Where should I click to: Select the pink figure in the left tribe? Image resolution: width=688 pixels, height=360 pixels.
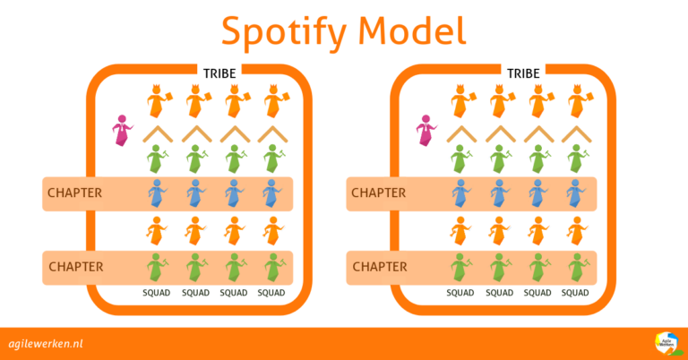pyautogui.click(x=120, y=131)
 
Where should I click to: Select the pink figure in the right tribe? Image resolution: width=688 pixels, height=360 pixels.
pyautogui.click(x=425, y=131)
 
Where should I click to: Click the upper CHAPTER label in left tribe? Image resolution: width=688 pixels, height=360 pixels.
pyautogui.click(x=75, y=193)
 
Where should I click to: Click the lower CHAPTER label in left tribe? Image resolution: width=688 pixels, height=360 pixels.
pyautogui.click(x=75, y=266)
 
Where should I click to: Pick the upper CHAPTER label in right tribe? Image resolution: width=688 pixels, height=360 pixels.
pyautogui.click(x=378, y=193)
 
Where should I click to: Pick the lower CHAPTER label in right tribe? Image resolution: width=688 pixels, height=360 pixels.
pyautogui.click(x=378, y=266)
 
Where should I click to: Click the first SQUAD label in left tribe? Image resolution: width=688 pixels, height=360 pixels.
pyautogui.click(x=157, y=293)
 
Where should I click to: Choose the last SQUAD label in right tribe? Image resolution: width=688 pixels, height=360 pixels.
pyautogui.click(x=575, y=293)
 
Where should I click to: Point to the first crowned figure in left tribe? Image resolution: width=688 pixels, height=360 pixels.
pyautogui.click(x=158, y=102)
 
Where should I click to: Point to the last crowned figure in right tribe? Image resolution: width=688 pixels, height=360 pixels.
pyautogui.click(x=575, y=102)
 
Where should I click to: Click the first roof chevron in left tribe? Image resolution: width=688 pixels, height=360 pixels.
pyautogui.click(x=158, y=133)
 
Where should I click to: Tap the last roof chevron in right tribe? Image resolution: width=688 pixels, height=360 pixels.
pyautogui.click(x=575, y=133)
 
